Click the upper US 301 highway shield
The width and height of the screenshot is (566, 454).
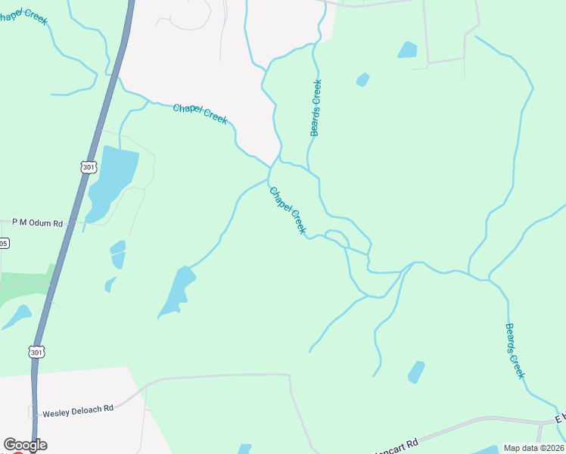88,166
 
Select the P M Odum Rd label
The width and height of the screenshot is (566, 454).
37,223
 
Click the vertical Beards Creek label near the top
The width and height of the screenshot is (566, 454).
316,107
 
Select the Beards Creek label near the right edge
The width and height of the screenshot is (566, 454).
515,351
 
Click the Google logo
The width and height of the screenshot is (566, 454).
25,445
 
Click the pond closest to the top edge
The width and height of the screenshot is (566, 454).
407,50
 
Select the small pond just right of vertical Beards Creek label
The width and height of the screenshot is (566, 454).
362,79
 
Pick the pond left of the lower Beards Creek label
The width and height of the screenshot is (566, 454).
416,372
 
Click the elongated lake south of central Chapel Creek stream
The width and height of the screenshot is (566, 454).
176,293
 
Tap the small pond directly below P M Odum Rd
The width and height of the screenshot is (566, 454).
117,254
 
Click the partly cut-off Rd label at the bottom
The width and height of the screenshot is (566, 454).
400,446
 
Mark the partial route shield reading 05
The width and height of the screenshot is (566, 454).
4,243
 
